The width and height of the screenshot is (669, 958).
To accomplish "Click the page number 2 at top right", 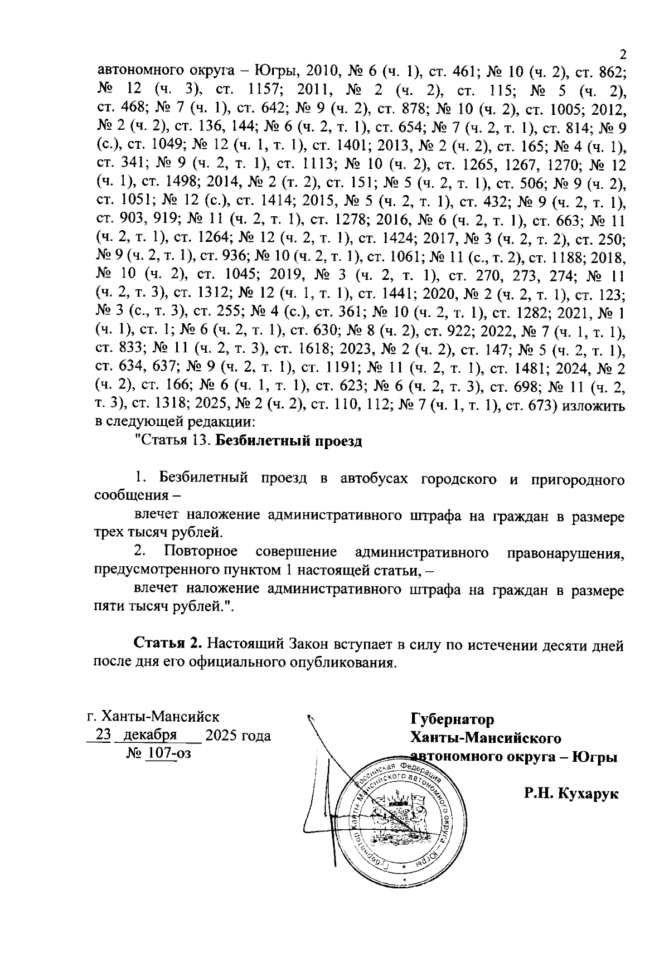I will (623, 55).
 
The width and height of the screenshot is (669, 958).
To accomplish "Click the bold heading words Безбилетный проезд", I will (289, 441).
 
